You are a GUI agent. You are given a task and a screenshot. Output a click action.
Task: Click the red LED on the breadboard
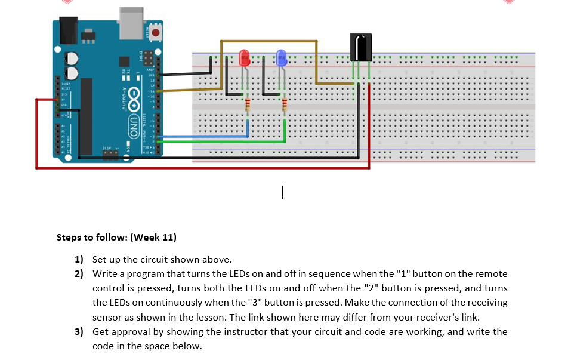[244, 58]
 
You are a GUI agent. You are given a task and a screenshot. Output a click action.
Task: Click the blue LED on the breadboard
[281, 58]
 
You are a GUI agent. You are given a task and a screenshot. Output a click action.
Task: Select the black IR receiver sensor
[360, 47]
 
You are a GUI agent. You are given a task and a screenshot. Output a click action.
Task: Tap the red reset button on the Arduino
[156, 33]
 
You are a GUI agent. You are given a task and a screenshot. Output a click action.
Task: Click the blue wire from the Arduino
[203, 137]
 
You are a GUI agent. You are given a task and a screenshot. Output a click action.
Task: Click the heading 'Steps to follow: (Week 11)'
[116, 238]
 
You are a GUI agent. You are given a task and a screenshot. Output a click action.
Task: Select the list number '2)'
[79, 274]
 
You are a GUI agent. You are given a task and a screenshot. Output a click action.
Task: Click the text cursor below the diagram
[283, 192]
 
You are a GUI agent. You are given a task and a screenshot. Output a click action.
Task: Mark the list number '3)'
[79, 332]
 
